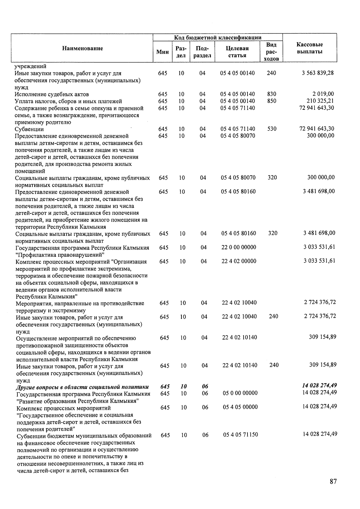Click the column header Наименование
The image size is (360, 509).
click(82, 48)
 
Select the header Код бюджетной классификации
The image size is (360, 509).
click(218, 37)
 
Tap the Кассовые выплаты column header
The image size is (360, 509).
click(310, 48)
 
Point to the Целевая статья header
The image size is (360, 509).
click(237, 52)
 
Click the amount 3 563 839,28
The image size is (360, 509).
click(318, 73)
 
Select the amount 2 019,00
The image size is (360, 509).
click(323, 94)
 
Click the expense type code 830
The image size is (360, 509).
click(271, 94)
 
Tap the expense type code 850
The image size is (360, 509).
click(271, 101)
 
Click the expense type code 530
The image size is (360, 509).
click(272, 129)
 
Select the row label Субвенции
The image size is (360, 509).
click(29, 129)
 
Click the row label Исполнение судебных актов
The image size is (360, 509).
click(52, 94)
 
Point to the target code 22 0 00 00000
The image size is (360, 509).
click(239, 247)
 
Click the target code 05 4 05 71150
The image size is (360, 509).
click(241, 435)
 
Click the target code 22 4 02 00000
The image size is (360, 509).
click(239, 261)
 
